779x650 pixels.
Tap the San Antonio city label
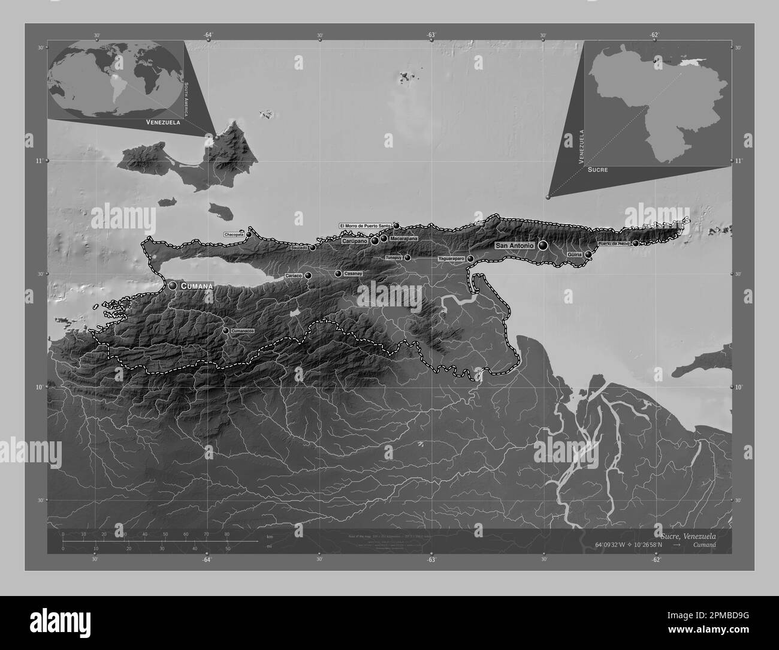pyautogui.click(x=514, y=246)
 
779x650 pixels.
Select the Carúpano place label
pyautogui.click(x=355, y=240)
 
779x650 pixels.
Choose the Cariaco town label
pyautogui.click(x=294, y=275)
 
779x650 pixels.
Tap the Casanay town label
pyautogui.click(x=354, y=273)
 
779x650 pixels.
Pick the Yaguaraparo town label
pyautogui.click(x=451, y=258)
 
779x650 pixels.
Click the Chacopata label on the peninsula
pyautogui.click(x=234, y=234)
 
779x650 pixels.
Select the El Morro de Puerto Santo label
pyautogui.click(x=366, y=225)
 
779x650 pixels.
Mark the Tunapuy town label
pyautogui.click(x=393, y=257)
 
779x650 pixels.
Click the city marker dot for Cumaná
pyautogui.click(x=173, y=286)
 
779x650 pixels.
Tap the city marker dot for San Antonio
pyautogui.click(x=543, y=245)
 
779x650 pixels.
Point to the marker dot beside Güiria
pyautogui.click(x=588, y=255)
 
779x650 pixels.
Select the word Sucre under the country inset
pyautogui.click(x=597, y=170)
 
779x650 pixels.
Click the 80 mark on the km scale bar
pyautogui.click(x=227, y=534)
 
